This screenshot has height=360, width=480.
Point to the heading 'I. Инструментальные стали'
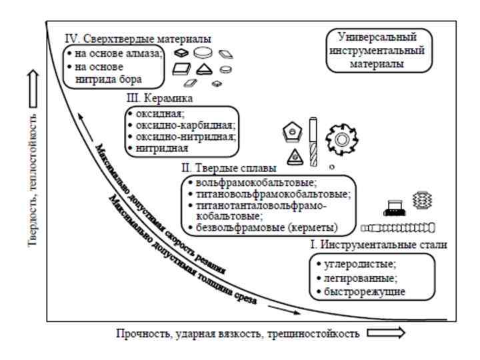(x=378, y=245)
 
